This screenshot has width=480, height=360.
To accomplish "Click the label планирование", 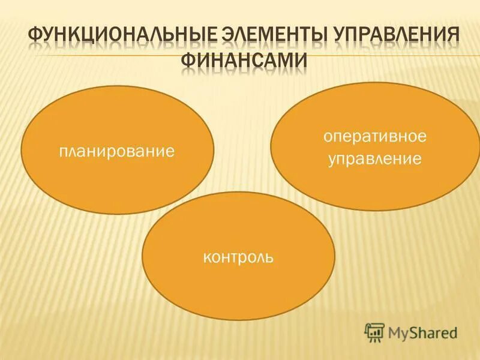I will pos(117,150).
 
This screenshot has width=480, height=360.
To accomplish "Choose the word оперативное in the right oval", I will pos(375,137).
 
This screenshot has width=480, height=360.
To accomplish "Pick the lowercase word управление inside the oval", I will pos(375,160).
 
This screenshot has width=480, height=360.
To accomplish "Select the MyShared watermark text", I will pos(422,332).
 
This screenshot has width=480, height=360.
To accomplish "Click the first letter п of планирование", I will pos(63,151).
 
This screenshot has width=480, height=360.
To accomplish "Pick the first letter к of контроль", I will pos(206,259).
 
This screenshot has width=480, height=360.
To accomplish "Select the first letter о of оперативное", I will pos(328,137).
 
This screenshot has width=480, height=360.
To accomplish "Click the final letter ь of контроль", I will pos(271,259).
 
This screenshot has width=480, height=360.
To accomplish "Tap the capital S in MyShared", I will pos(413,331).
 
